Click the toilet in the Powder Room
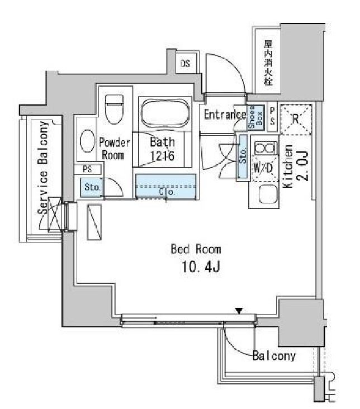(114, 110)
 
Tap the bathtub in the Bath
(165, 113)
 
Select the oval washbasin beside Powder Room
(87, 141)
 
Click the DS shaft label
(186, 64)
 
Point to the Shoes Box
(256, 118)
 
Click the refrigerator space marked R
(296, 120)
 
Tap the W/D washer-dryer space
(263, 168)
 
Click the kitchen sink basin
(267, 194)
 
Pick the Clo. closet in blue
(166, 187)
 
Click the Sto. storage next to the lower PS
(91, 187)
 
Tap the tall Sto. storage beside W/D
(243, 156)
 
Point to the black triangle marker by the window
(239, 311)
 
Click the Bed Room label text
(196, 249)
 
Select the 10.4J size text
(201, 267)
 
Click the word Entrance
(225, 115)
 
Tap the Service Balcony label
(43, 168)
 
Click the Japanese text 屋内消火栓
(268, 63)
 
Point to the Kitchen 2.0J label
(295, 166)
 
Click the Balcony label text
(274, 355)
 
